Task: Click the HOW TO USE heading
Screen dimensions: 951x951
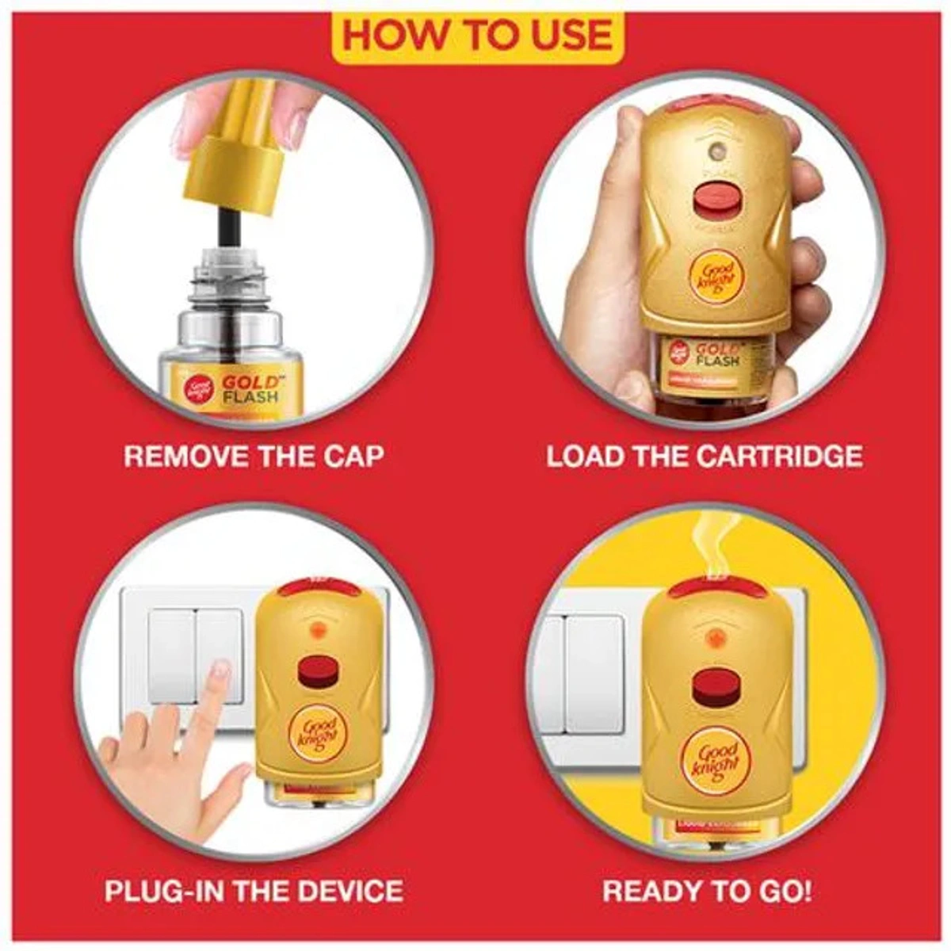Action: [476, 36]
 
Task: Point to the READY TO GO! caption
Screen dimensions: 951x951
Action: [707, 890]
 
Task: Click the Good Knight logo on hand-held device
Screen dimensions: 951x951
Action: [716, 278]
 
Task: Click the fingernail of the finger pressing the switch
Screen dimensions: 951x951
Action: [222, 673]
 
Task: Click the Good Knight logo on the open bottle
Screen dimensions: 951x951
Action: [198, 384]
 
